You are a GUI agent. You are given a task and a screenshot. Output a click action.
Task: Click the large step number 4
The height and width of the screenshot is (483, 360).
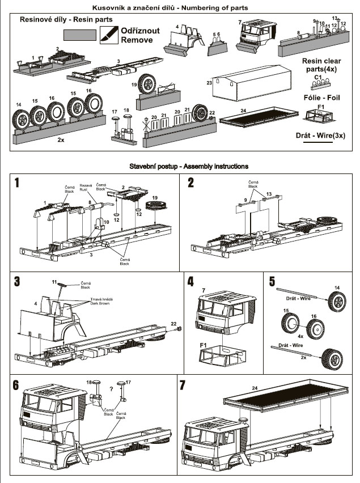click(190, 281)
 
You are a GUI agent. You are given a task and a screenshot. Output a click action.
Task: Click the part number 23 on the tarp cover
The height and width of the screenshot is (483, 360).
click(209, 83)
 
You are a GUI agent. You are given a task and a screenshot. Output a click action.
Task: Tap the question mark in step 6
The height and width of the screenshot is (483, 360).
click(112, 389)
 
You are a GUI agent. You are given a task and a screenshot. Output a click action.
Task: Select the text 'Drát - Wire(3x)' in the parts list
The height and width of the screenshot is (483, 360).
click(320, 135)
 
